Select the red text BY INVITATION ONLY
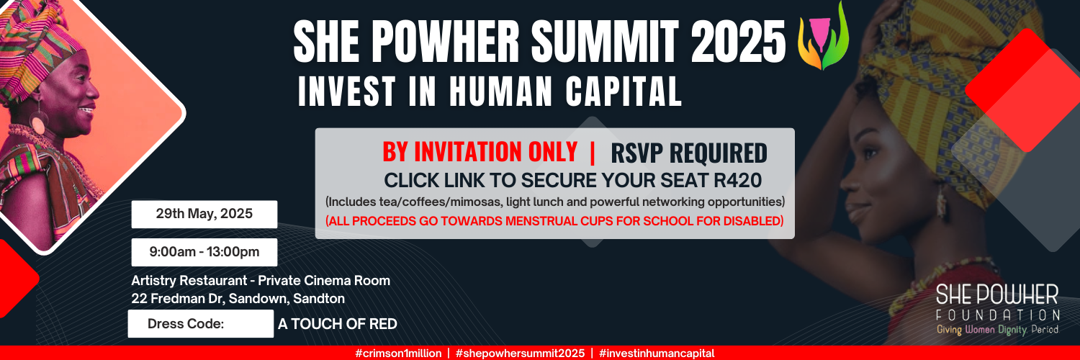[480, 152]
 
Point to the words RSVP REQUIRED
[688, 153]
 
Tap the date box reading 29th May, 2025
[204, 214]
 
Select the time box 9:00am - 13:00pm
[204, 252]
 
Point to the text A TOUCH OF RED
[338, 324]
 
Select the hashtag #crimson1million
[397, 354]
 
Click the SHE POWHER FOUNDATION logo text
[997, 302]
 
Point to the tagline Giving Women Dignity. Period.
[997, 329]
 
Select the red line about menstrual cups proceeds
[554, 221]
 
